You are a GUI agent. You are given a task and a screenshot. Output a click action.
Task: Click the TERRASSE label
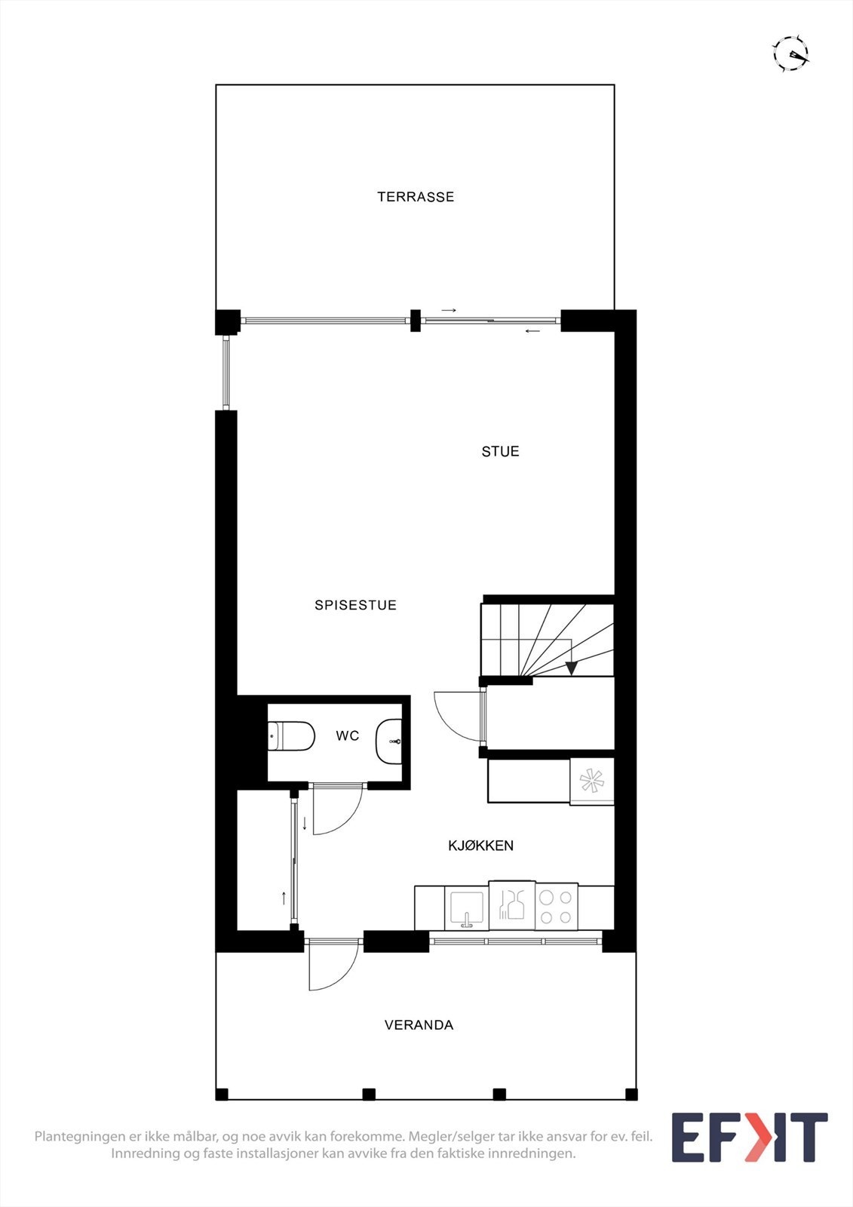pyautogui.click(x=416, y=197)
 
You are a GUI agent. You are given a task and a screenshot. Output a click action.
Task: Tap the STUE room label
pyautogui.click(x=500, y=451)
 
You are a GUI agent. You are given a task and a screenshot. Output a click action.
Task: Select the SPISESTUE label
pyautogui.click(x=355, y=605)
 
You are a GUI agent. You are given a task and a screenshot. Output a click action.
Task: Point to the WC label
pyautogui.click(x=348, y=736)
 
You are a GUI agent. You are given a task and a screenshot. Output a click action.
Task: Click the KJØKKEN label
pyautogui.click(x=480, y=846)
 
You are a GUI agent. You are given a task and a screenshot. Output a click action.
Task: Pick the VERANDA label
pyautogui.click(x=419, y=1024)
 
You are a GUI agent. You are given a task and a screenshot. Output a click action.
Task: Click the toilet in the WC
pyautogui.click(x=291, y=736)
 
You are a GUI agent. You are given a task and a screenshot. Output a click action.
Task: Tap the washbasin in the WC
pyautogui.click(x=388, y=741)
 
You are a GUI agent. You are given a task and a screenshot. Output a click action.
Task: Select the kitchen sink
pyautogui.click(x=466, y=908)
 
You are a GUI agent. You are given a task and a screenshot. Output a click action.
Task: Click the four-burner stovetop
pyautogui.click(x=556, y=907)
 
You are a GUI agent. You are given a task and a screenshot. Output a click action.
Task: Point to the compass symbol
pyautogui.click(x=790, y=53)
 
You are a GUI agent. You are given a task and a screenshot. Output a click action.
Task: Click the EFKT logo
pyautogui.click(x=749, y=1137)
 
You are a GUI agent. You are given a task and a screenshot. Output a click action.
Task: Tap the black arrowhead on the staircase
pyautogui.click(x=572, y=667)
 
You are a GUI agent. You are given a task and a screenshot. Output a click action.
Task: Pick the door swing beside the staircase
pyautogui.click(x=456, y=716)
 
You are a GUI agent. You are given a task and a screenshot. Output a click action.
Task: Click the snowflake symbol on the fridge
pyautogui.click(x=591, y=782)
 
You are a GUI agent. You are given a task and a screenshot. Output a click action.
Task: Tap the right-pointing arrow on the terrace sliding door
pyautogui.click(x=449, y=310)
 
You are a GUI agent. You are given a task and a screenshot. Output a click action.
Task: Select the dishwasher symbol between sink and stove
pyautogui.click(x=512, y=904)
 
